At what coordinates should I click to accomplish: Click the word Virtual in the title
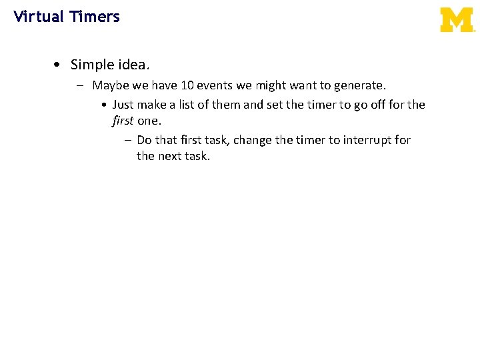click(37, 17)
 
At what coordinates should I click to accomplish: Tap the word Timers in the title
click(94, 17)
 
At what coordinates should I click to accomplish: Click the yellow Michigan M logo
click(457, 20)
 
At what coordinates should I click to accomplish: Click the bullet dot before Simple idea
click(59, 65)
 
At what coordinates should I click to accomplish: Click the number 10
click(187, 85)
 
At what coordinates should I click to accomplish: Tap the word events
click(215, 85)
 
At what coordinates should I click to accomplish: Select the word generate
click(361, 86)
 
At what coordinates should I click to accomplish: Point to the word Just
click(124, 105)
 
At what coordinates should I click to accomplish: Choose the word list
click(191, 105)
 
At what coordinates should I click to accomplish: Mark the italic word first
click(123, 121)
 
